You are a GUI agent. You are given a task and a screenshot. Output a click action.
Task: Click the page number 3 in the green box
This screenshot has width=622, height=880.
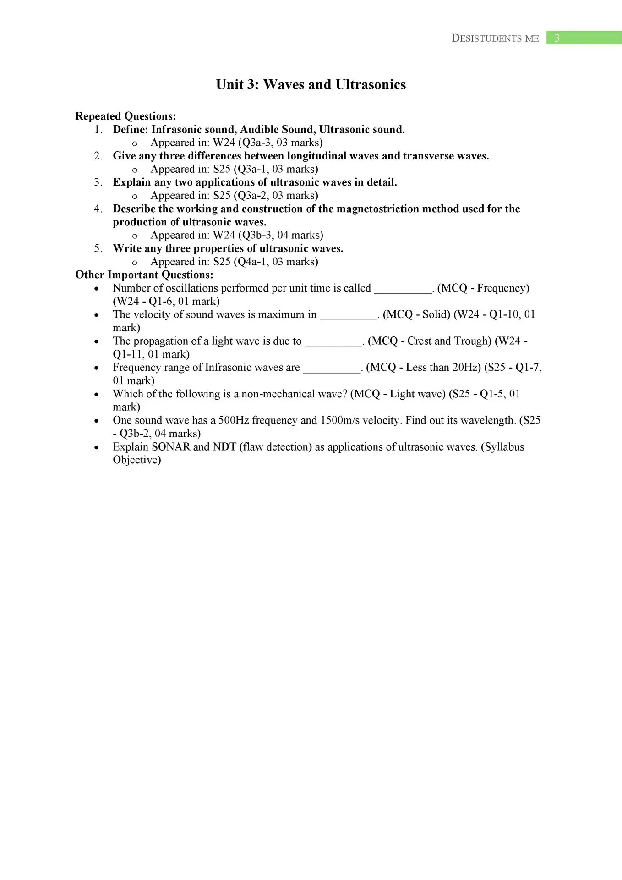click(x=557, y=38)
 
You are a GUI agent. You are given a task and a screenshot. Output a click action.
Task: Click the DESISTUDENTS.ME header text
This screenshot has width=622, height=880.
click(x=495, y=38)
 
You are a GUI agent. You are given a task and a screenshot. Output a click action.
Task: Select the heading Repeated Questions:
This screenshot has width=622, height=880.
click(x=125, y=116)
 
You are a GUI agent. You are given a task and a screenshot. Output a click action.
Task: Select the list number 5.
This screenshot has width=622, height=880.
click(x=98, y=248)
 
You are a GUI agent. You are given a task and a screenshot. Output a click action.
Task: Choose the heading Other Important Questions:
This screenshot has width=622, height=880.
click(x=144, y=275)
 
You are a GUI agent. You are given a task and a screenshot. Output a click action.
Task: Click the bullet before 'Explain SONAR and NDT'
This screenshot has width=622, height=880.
click(x=96, y=447)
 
